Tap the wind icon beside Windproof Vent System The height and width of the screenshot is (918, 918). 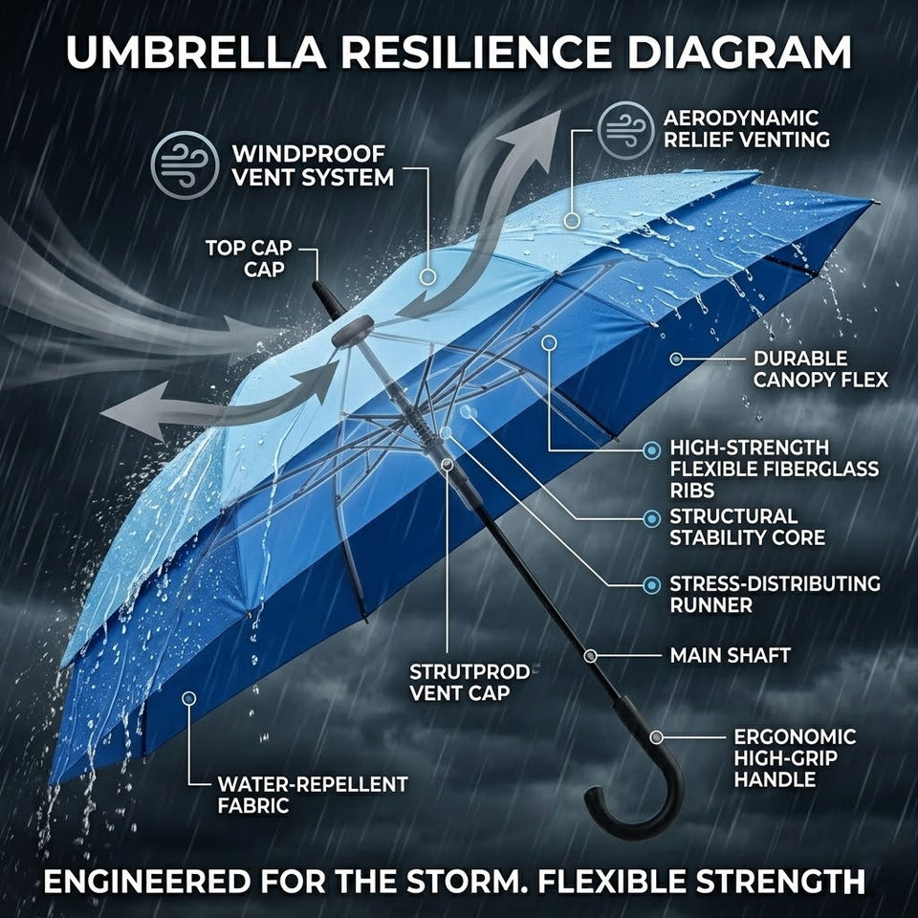click(185, 165)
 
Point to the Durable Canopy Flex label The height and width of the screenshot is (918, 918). click(820, 369)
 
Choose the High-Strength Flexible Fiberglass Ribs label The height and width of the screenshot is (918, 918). click(774, 469)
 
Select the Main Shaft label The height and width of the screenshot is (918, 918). click(730, 656)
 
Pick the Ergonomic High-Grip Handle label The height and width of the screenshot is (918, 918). click(794, 757)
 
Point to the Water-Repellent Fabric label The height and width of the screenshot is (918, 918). click(313, 795)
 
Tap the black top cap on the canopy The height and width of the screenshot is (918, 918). click(352, 331)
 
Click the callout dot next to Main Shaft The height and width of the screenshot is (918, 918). click(591, 656)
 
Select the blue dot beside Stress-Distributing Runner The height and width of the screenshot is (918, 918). click(651, 584)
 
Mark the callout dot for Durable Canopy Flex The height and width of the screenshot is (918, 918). click(676, 360)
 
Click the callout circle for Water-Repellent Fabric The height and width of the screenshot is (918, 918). click(188, 699)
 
